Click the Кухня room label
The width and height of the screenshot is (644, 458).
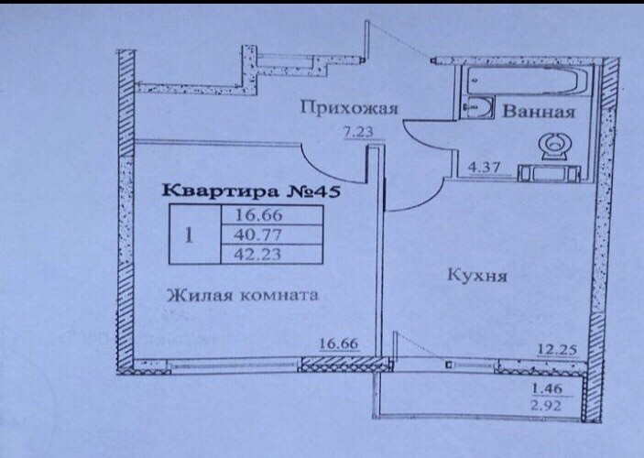472,274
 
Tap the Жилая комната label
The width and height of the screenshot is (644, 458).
242,295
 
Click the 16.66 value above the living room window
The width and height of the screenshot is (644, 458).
336,346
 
